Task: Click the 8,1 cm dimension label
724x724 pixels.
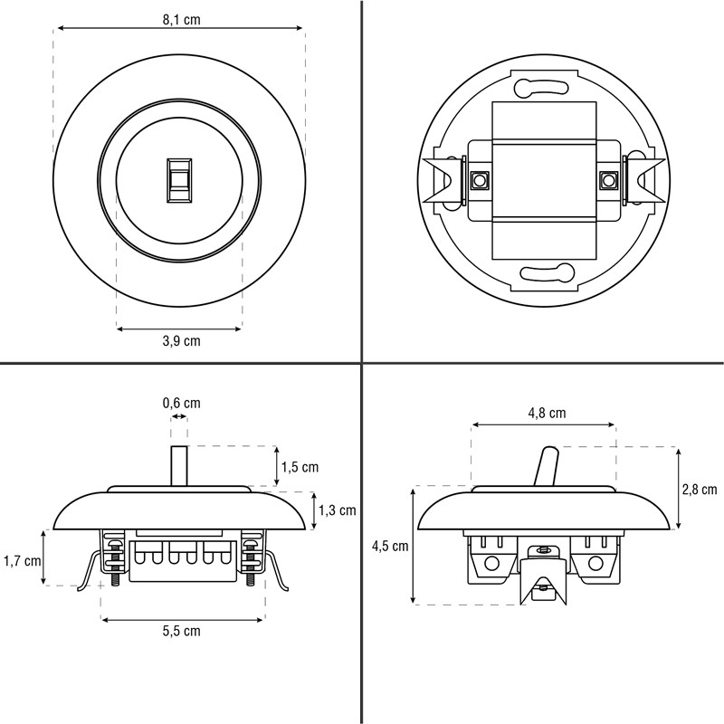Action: point(181,20)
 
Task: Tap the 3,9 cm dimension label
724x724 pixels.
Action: point(181,341)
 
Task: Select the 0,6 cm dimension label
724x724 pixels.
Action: point(181,403)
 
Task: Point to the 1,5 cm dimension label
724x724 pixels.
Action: point(300,467)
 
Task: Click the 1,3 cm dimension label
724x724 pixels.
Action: point(337,510)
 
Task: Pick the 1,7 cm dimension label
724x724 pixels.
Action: point(22,561)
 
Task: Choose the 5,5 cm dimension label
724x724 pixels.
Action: point(181,631)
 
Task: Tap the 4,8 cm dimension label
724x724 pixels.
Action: point(547,413)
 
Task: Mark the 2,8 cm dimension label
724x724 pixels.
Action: point(699,490)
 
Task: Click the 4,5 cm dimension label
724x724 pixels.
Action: point(390,547)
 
